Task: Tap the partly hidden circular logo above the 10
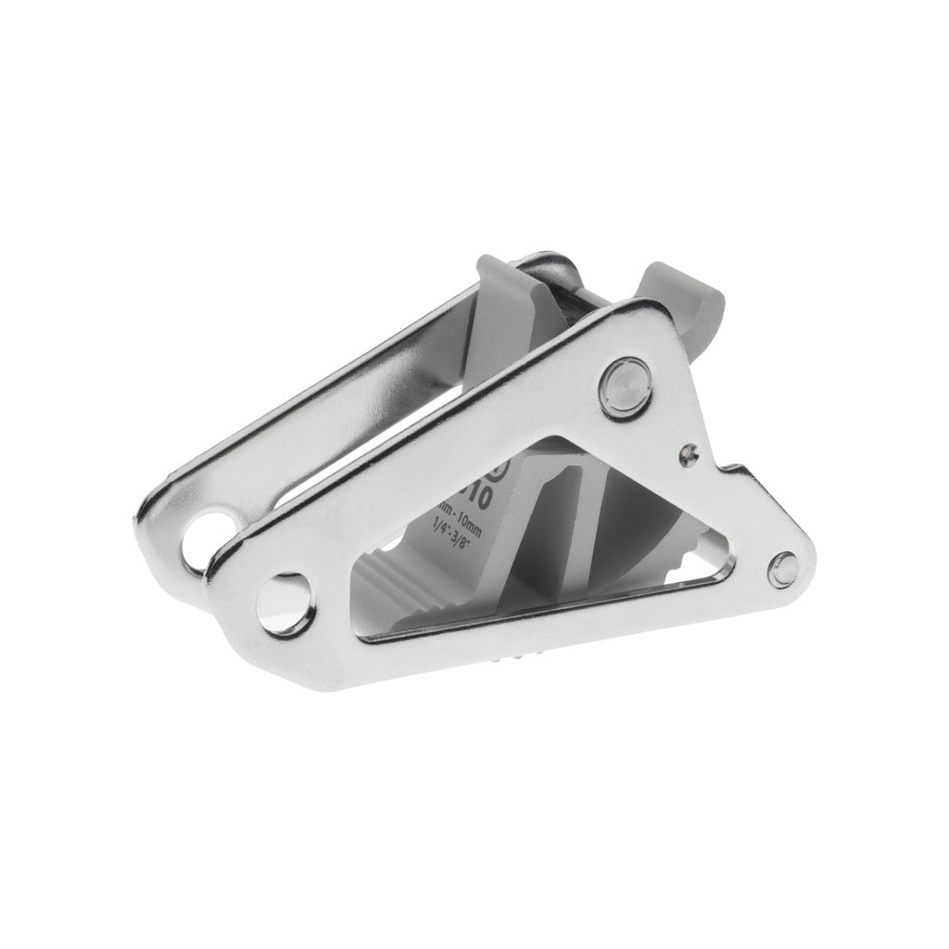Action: [x=500, y=463]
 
